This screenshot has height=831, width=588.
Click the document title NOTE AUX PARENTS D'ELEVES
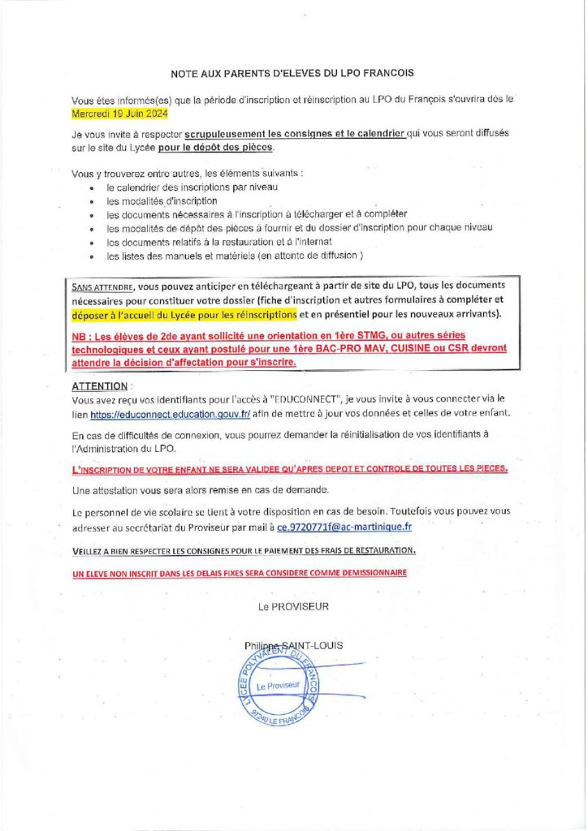point(293,73)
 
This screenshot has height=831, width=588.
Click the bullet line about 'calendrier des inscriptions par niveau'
point(192,187)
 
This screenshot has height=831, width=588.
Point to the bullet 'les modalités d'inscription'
point(162,200)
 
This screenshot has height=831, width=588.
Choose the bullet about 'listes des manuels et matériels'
point(235,256)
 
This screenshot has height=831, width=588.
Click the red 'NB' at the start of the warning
point(80,335)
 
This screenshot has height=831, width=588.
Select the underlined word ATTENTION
point(100,386)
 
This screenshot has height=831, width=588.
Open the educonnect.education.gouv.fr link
point(170,414)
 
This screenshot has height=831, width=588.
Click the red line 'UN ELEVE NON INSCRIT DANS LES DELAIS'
point(240,572)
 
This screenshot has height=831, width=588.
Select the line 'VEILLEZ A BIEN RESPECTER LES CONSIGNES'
point(244,550)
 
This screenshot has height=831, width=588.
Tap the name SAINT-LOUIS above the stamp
point(313,646)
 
